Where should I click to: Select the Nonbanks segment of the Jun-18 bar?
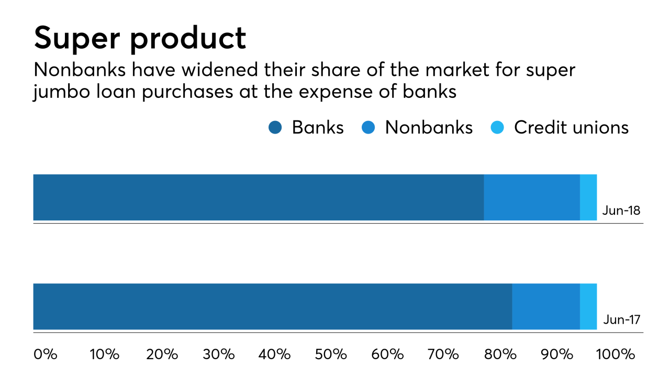click(532, 197)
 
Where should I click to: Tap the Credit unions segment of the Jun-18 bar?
click(588, 197)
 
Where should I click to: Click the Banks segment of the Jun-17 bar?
click(272, 307)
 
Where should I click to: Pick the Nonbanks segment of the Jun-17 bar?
click(546, 307)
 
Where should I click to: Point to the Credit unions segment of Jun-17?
click(588, 307)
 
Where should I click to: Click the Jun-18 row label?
click(621, 210)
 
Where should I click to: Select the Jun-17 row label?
click(621, 319)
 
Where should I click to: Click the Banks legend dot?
click(275, 127)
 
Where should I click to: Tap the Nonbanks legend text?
click(429, 127)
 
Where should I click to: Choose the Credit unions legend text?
click(571, 127)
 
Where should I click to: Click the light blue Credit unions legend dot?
click(497, 127)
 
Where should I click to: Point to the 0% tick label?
click(45, 354)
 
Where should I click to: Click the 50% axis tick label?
click(332, 354)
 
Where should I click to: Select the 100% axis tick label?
click(616, 354)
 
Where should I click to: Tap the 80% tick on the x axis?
click(501, 354)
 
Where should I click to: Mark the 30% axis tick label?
click(219, 354)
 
